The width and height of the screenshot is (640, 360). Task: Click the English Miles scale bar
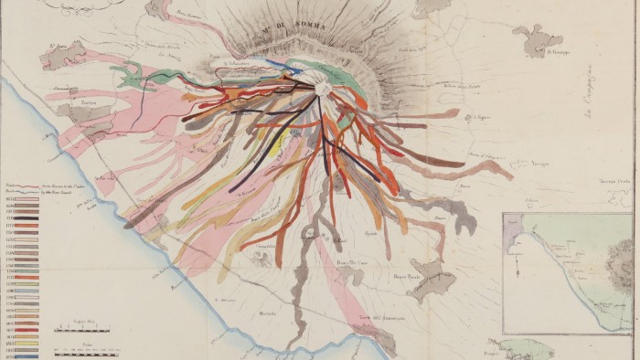81,326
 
